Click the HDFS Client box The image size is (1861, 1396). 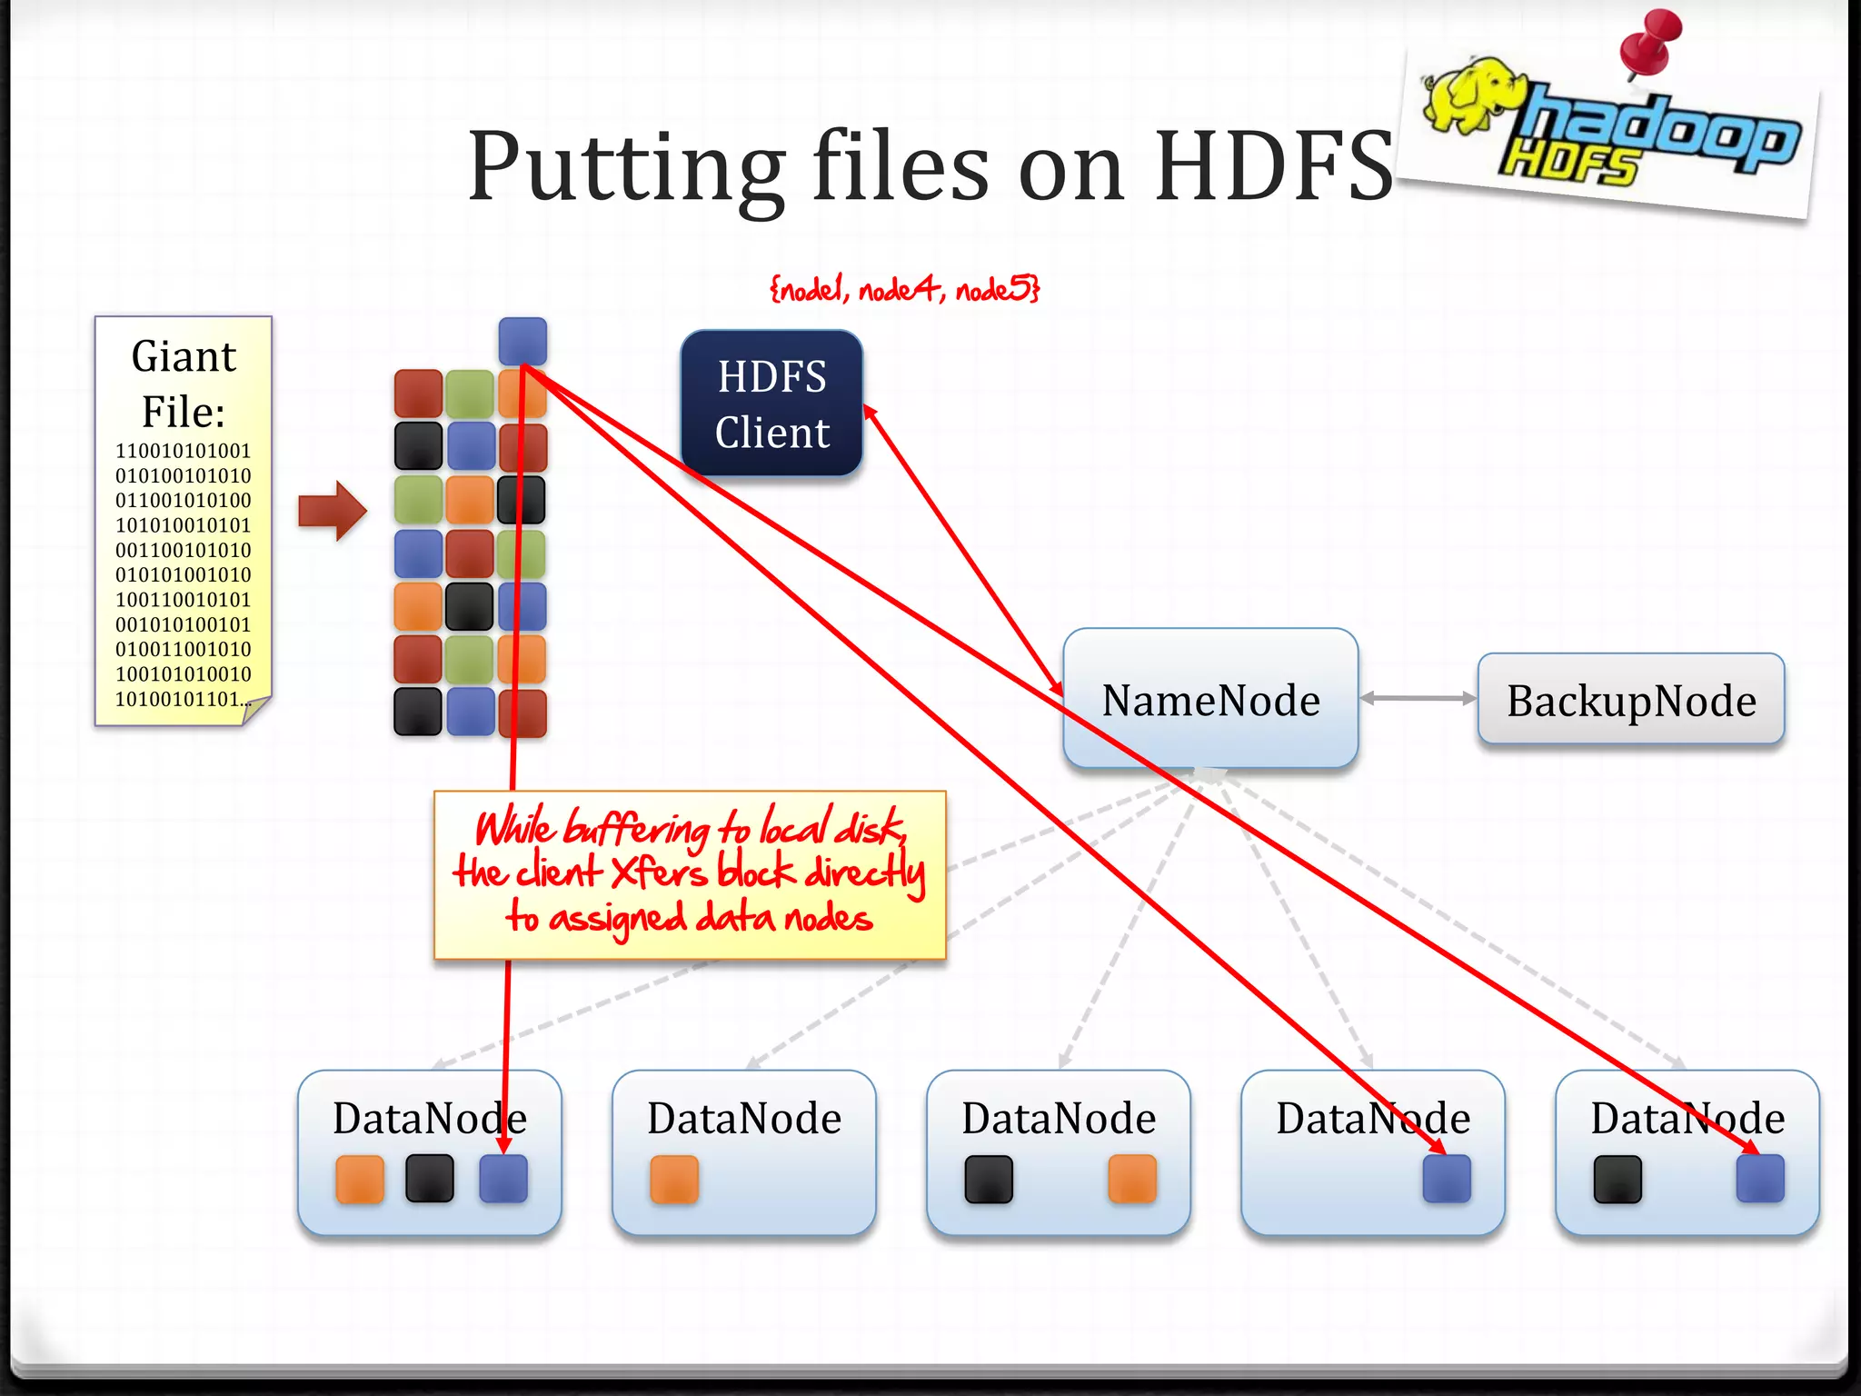coord(771,404)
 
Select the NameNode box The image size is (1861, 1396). coord(1210,699)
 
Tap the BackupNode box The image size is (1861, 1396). coord(1631,700)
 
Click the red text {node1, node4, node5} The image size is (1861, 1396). coord(904,290)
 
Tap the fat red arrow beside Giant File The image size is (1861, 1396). coord(333,511)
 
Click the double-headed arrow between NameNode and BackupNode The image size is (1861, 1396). coord(1418,698)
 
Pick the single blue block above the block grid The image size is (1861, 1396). coord(522,341)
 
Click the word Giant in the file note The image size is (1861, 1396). coord(184,356)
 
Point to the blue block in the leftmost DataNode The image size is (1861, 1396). coord(503,1179)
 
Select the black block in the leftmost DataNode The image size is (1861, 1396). coord(430,1179)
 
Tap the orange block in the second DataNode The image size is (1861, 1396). coord(674,1179)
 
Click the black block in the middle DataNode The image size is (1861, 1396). coord(989,1179)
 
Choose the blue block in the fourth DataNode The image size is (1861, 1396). coord(1447,1179)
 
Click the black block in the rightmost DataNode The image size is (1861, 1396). coord(1617,1179)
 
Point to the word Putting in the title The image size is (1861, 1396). coord(626,168)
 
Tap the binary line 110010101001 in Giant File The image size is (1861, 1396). coord(183,451)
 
